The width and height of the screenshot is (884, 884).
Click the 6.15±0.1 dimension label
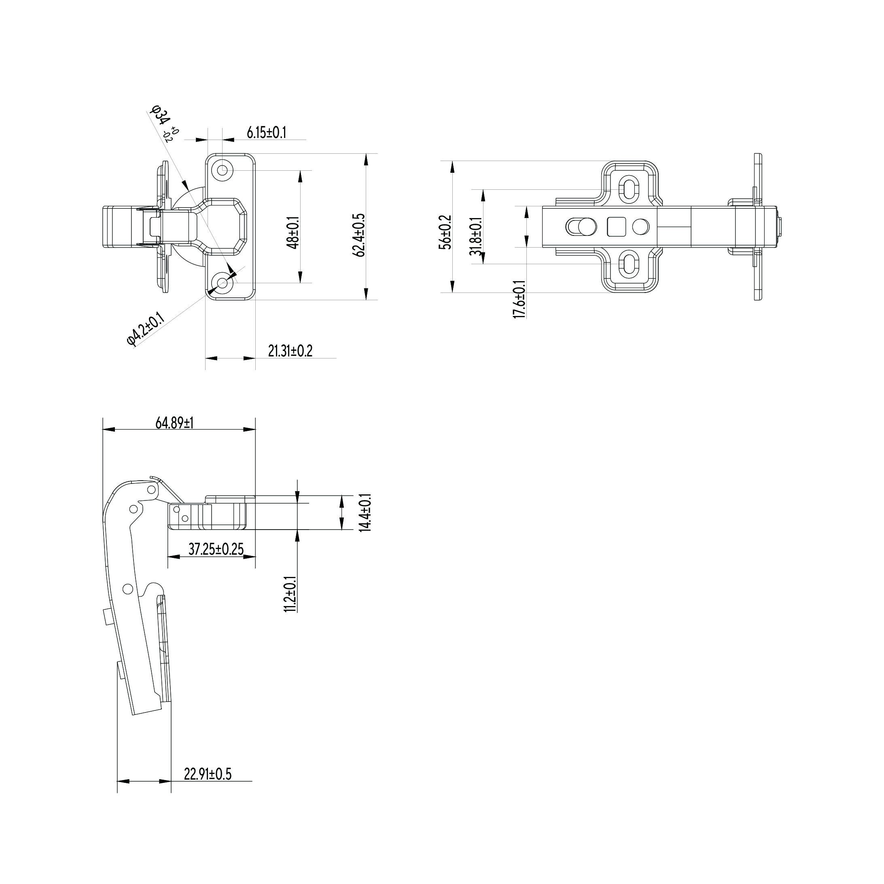coord(266,133)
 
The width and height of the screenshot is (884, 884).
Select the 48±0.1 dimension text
coord(293,233)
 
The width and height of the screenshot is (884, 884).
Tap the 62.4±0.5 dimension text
coord(359,235)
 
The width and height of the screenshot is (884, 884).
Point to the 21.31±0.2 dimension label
coord(290,351)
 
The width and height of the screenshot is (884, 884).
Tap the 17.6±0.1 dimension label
coord(519,299)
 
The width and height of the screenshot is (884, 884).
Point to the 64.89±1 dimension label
coord(174,423)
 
